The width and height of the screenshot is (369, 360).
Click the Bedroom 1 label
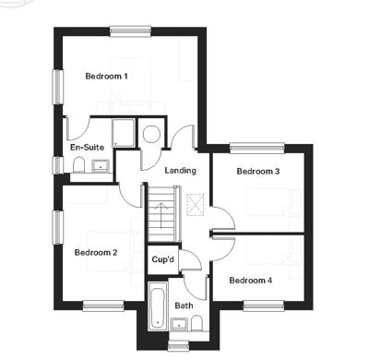105,76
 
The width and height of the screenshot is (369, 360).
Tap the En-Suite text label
87,147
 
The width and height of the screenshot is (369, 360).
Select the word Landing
181,171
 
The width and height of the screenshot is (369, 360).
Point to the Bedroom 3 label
258,171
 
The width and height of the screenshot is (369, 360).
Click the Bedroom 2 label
96,252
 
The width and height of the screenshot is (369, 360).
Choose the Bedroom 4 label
251,280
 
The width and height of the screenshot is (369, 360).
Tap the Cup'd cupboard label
163,259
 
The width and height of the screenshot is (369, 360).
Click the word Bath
184,305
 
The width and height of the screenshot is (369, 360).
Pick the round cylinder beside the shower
153,133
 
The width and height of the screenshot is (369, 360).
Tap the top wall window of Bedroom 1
128,32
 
